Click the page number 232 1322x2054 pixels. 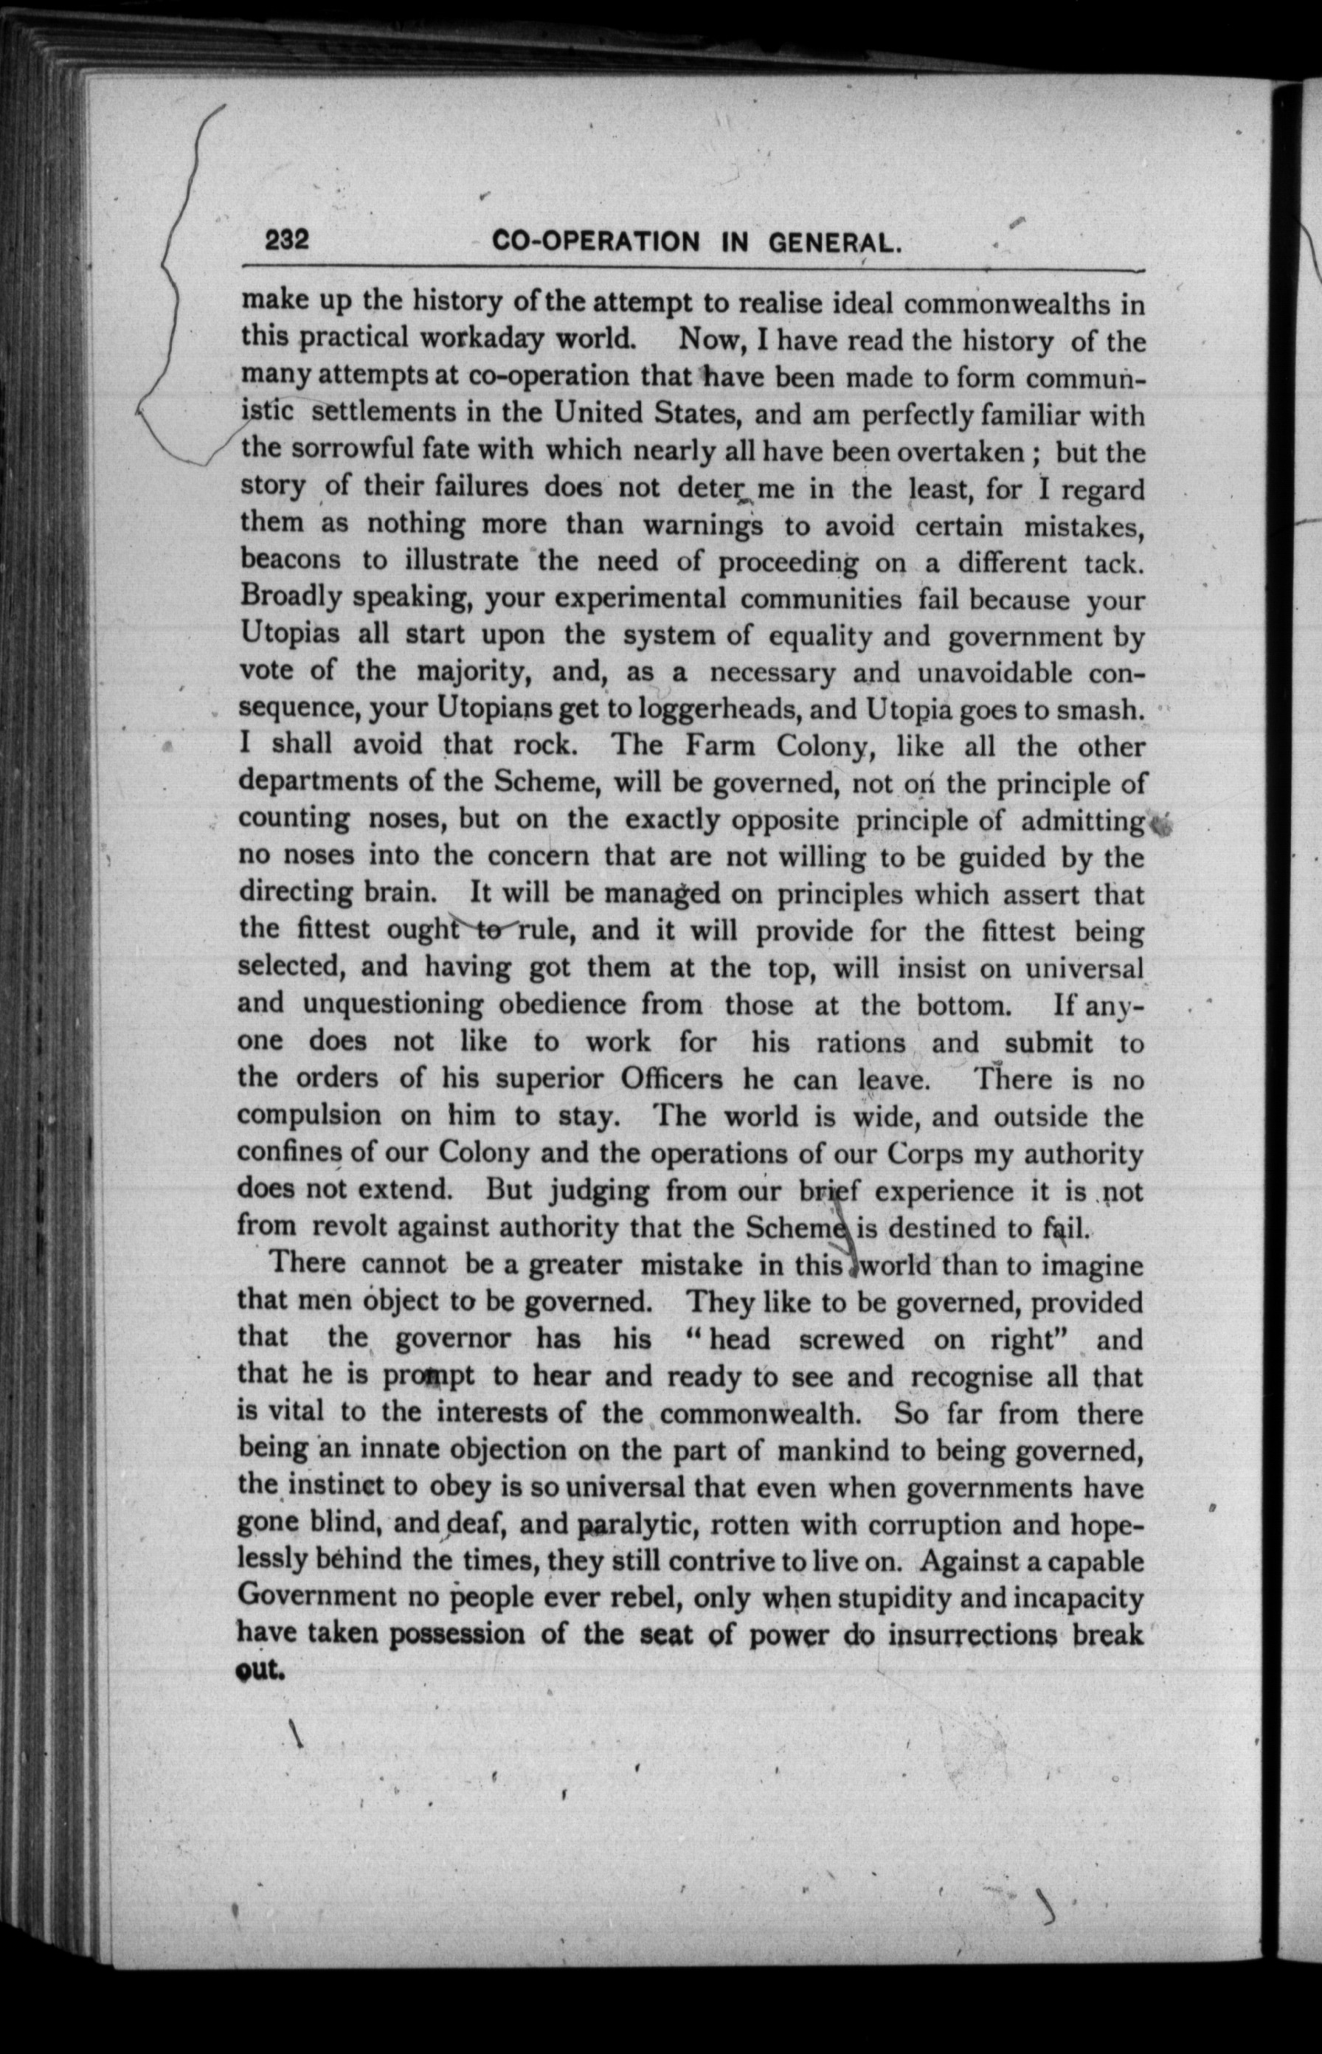point(287,241)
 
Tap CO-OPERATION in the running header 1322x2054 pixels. point(597,242)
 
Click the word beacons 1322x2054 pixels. point(290,560)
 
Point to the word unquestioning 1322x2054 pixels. point(394,1003)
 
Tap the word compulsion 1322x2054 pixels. point(309,1116)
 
